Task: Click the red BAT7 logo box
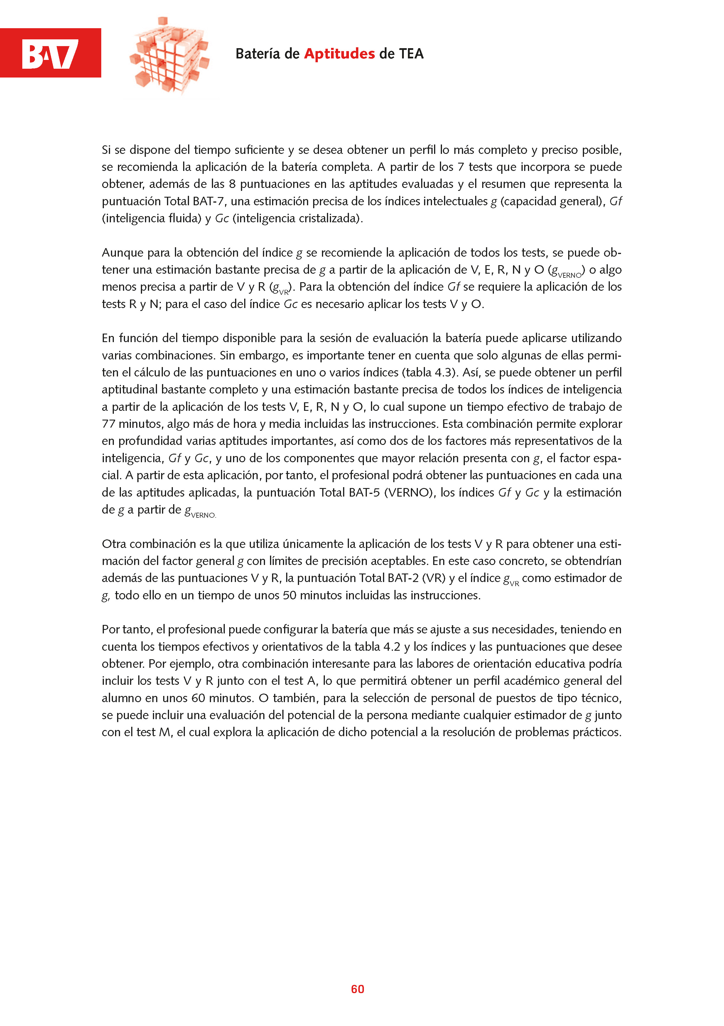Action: [x=50, y=53]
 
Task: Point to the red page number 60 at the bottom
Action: [x=357, y=989]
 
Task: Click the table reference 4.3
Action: [x=443, y=373]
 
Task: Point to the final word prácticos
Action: [x=597, y=732]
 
